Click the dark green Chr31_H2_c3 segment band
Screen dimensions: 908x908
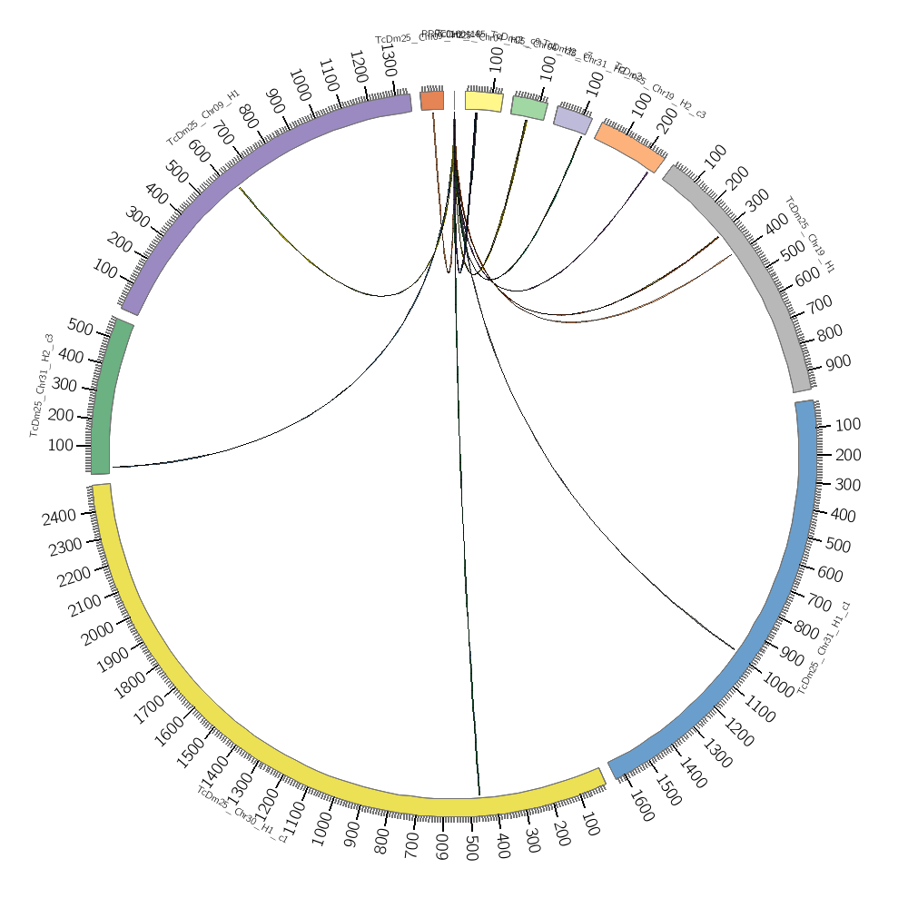(105, 400)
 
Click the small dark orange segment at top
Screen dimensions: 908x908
(432, 101)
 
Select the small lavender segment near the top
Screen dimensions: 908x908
(572, 119)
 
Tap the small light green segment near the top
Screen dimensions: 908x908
(529, 107)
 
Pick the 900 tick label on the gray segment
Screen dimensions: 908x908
(838, 362)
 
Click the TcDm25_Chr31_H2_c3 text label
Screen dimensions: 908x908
(42, 385)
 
